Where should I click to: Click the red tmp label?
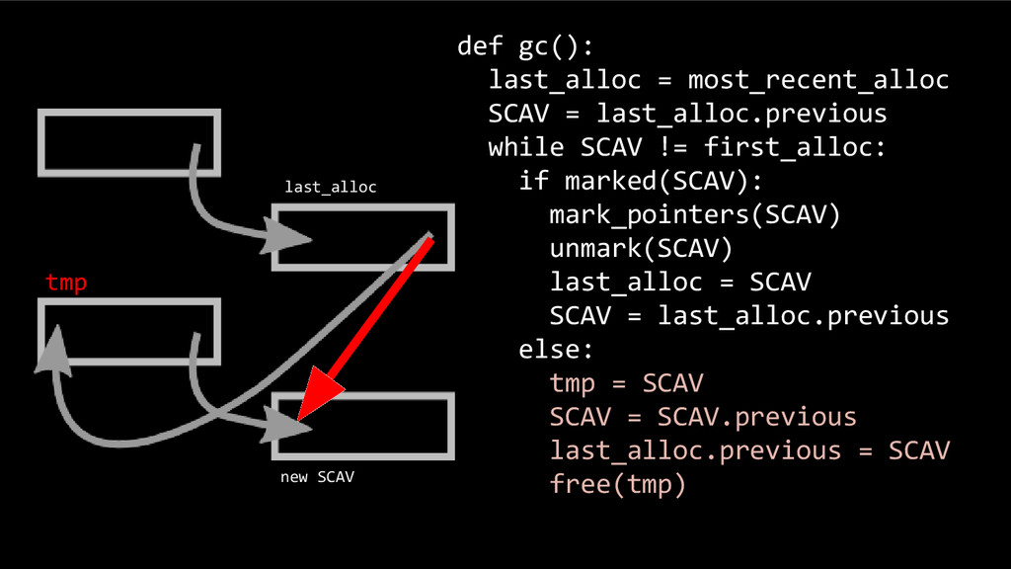pyautogui.click(x=66, y=284)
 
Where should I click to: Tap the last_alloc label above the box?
pyautogui.click(x=330, y=187)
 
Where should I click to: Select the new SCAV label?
pyautogui.click(x=317, y=477)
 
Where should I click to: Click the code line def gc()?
pyautogui.click(x=525, y=46)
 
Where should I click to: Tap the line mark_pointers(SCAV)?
pyautogui.click(x=694, y=214)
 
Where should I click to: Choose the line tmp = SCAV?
pyautogui.click(x=626, y=382)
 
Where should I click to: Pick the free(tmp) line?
pyautogui.click(x=617, y=483)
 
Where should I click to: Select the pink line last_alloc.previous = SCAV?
pyautogui.click(x=749, y=449)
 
